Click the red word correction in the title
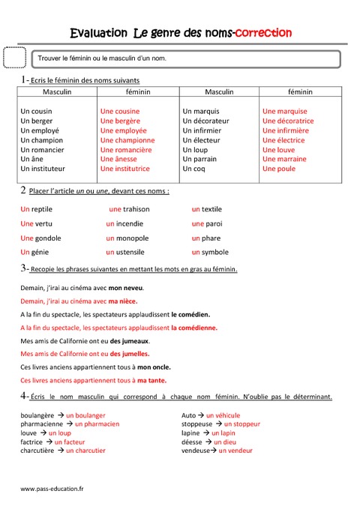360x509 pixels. coord(263,33)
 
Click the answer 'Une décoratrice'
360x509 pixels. coord(288,121)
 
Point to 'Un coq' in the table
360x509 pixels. coord(193,169)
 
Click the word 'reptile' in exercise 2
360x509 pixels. coord(42,209)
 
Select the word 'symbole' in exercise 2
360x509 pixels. coord(215,252)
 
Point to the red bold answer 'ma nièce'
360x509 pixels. coord(121,301)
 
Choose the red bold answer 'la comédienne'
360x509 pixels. coord(194,328)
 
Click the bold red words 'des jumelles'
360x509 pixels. coord(130,353)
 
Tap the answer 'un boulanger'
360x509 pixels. coord(85,415)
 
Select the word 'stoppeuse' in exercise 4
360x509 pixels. coord(196,424)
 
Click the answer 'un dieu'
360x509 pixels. coord(225,442)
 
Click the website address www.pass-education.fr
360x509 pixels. coord(52,489)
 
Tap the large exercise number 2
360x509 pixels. coord(24,190)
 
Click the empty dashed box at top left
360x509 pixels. coord(14,57)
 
